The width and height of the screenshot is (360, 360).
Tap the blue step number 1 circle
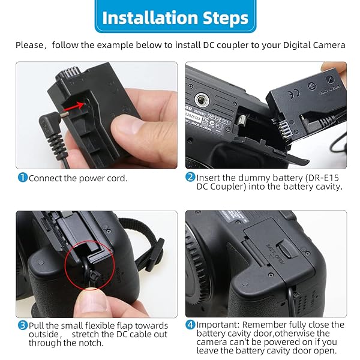(22, 178)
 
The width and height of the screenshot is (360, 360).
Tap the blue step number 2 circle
(190, 177)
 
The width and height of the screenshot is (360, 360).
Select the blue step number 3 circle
(22, 325)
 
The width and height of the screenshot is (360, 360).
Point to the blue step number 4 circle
(190, 325)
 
